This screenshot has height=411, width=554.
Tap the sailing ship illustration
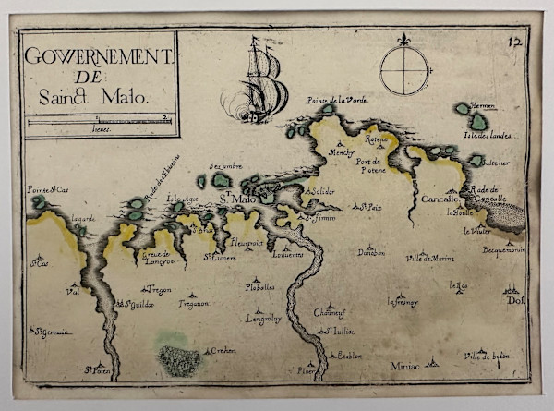[262, 83]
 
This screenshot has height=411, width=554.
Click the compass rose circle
[403, 69]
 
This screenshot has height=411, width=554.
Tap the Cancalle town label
[441, 199]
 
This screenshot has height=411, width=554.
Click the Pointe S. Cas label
[48, 189]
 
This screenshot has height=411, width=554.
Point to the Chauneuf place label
[329, 312]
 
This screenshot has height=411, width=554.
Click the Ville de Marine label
[430, 258]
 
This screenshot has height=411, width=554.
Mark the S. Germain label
[52, 332]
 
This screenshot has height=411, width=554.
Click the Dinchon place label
[371, 252]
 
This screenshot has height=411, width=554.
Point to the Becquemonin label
[502, 249]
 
